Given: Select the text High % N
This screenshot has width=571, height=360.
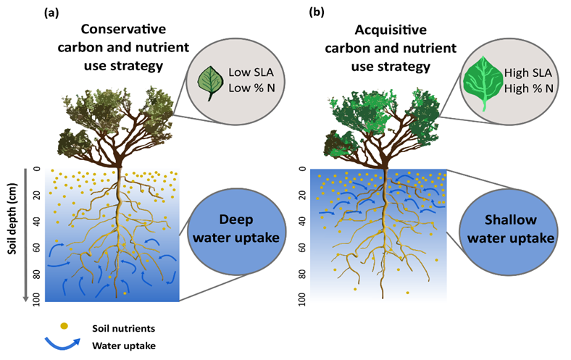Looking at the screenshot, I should (518, 89).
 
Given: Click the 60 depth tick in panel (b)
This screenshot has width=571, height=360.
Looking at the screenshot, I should (300, 246).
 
